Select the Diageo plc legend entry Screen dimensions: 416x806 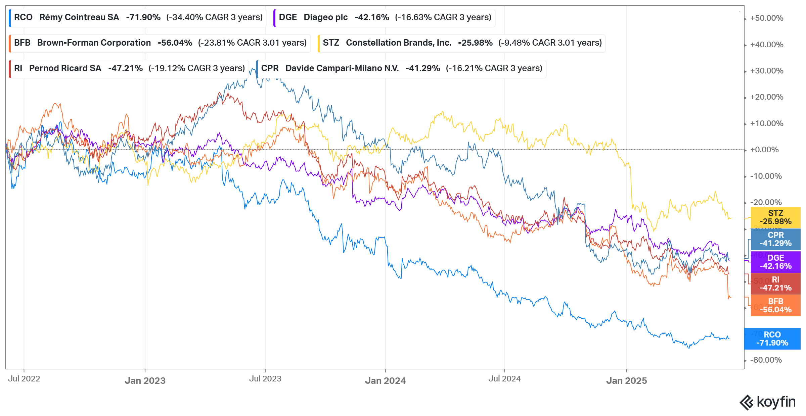(385, 17)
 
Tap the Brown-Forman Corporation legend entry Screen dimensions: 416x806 (160, 43)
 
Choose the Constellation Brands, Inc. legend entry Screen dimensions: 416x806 (462, 43)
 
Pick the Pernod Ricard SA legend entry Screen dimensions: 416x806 (129, 68)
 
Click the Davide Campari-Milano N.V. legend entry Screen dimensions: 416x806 (401, 68)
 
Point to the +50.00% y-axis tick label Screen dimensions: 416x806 (767, 18)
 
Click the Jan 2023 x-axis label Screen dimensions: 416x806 (145, 380)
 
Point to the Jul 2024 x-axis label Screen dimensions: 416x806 (504, 379)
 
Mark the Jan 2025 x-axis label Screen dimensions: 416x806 (626, 380)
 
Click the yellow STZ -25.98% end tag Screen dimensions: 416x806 (775, 217)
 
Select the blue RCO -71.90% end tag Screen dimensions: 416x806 (772, 339)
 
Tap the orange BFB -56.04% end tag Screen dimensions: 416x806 (775, 306)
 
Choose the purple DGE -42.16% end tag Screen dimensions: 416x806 (775, 262)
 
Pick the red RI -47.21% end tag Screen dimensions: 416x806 (775, 284)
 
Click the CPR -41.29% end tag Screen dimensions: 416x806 (775, 239)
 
